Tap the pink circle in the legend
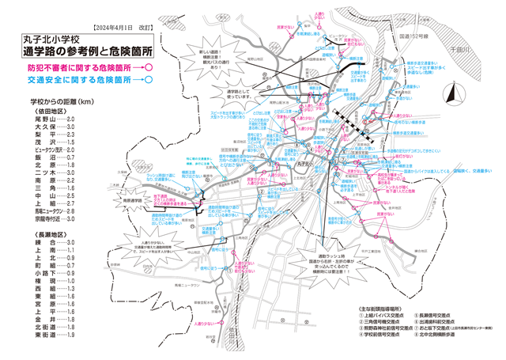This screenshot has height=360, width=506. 148,67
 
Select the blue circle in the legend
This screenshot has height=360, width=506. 148,80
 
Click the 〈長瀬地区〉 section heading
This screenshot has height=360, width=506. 49,234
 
